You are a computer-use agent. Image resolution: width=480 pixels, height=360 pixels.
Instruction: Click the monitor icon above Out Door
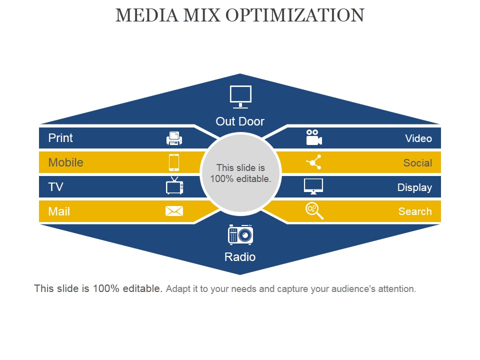[240, 96]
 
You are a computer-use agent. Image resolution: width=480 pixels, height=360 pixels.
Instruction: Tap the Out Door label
[240, 121]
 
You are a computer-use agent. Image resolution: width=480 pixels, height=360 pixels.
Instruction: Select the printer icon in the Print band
[174, 138]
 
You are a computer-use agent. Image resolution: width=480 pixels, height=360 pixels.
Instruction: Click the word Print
[60, 138]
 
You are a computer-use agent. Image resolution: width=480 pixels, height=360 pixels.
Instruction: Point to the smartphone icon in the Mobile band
[174, 162]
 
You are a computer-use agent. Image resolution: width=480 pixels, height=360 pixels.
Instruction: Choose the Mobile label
[66, 162]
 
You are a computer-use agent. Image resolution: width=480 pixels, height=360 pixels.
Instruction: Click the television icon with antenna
[174, 185]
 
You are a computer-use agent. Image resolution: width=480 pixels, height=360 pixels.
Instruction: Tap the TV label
[55, 186]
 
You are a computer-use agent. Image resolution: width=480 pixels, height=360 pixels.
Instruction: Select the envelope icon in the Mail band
[174, 211]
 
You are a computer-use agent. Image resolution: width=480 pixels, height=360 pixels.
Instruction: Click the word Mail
[59, 211]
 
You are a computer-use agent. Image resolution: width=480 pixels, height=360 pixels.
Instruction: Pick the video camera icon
[314, 137]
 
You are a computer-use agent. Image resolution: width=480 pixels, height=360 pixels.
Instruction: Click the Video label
[418, 138]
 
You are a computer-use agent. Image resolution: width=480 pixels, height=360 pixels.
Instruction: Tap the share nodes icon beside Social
[314, 162]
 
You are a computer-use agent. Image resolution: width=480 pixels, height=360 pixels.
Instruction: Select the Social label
[417, 163]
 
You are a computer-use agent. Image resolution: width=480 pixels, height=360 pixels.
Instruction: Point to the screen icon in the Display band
[313, 186]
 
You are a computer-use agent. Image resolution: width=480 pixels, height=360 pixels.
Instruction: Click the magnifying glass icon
[314, 211]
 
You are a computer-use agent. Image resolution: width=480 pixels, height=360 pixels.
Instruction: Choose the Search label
[415, 211]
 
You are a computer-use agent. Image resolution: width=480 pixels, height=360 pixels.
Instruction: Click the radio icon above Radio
[240, 234]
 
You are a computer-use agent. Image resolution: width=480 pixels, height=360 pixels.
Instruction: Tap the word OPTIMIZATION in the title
[295, 15]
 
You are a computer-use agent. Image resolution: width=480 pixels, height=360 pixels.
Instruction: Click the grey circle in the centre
[240, 172]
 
